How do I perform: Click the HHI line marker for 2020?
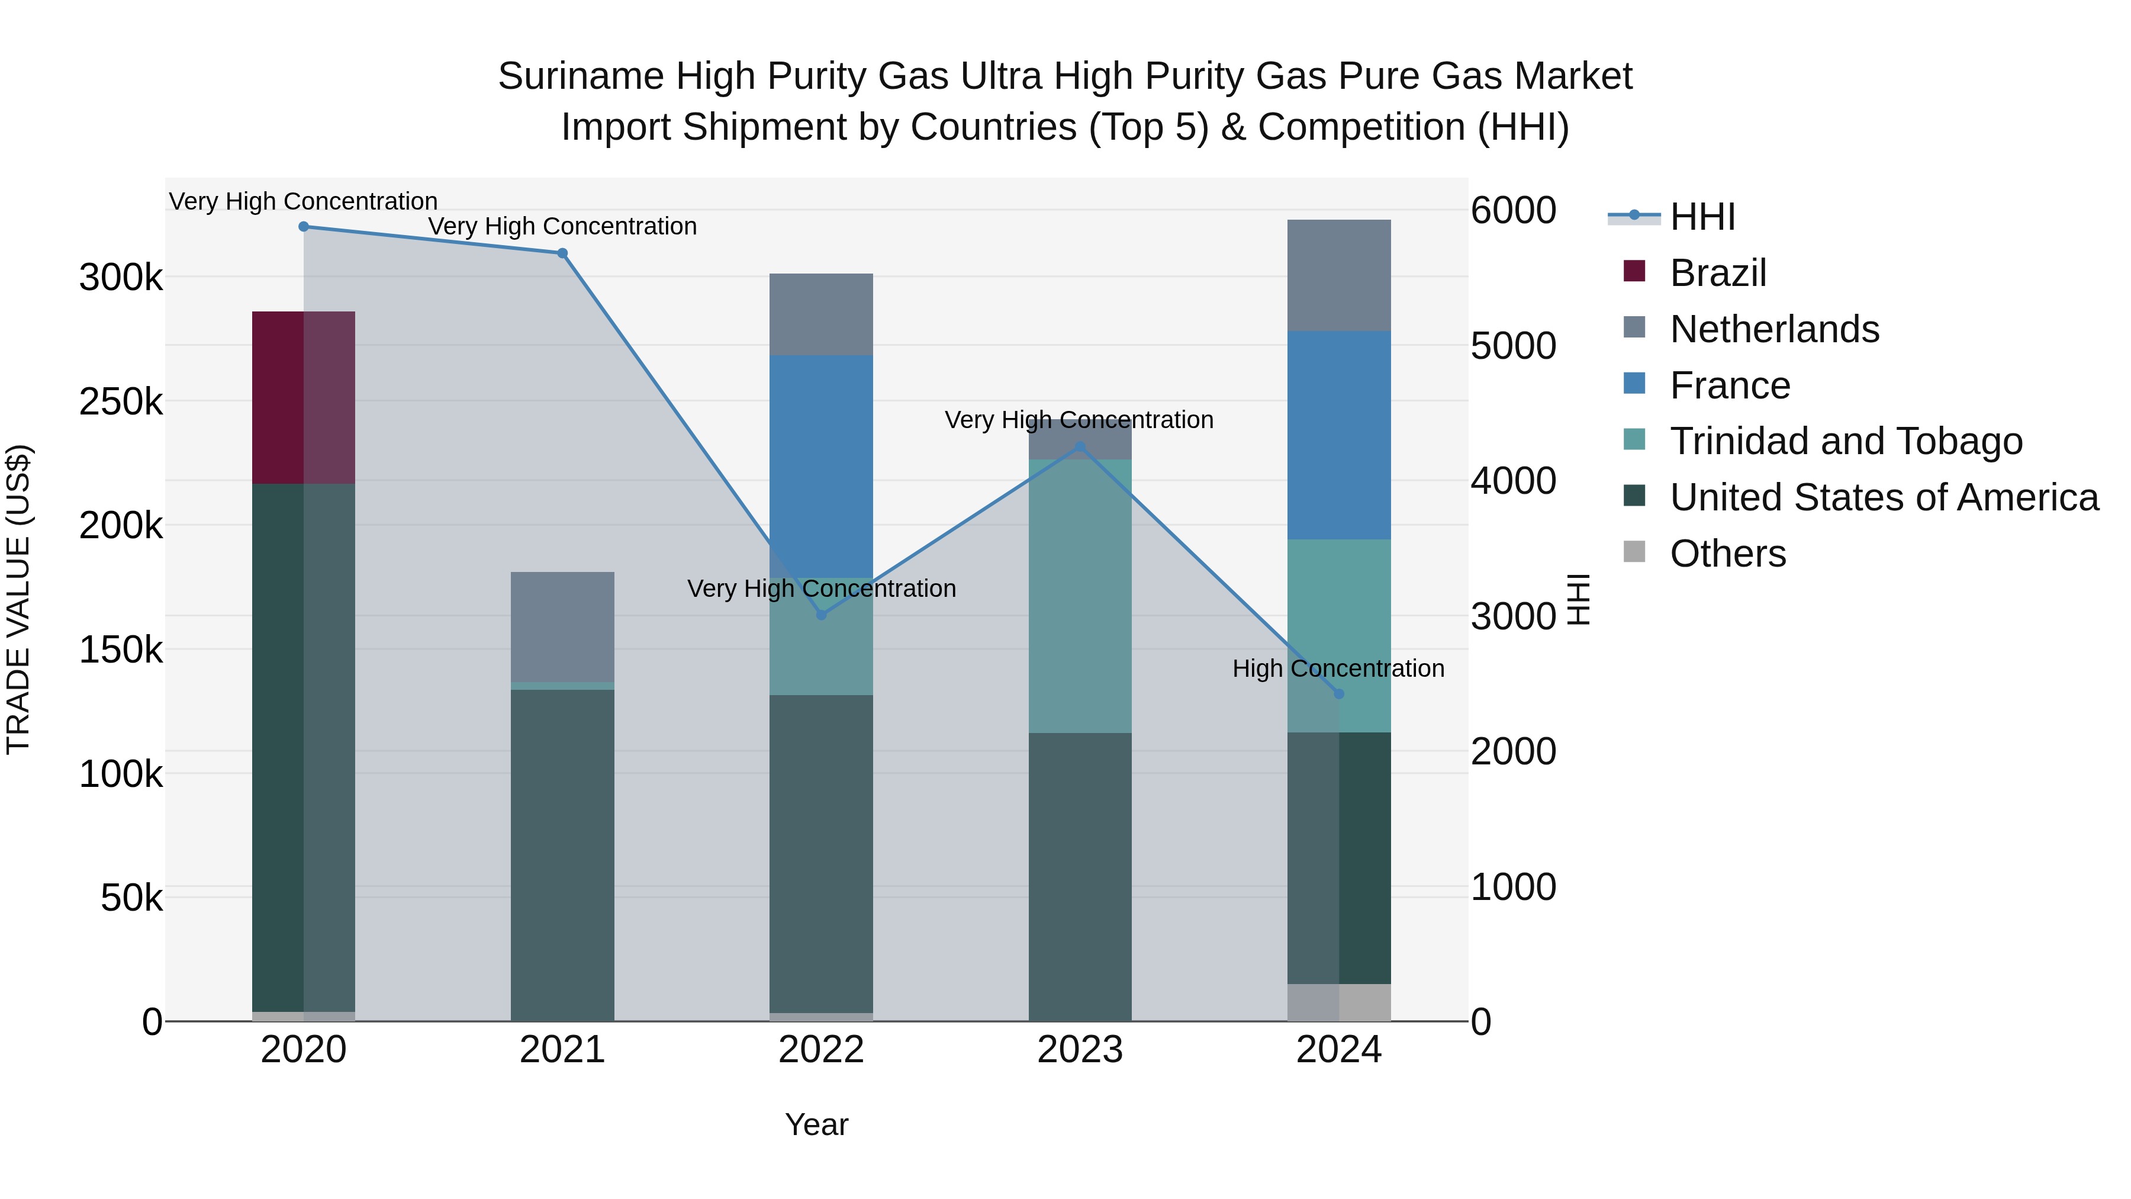304,227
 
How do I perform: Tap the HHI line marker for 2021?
562,253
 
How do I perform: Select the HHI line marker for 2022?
822,615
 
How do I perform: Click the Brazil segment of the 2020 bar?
304,397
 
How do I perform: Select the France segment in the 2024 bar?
1340,435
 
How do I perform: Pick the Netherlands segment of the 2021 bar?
562,626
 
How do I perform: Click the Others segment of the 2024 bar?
1340,1002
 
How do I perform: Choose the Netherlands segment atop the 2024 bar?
1340,275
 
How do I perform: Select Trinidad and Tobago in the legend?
1846,441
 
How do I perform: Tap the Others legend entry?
1727,554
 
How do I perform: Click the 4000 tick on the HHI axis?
1513,481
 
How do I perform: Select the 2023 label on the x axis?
1080,1050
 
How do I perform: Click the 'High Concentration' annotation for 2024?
1338,668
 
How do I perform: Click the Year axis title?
816,1124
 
